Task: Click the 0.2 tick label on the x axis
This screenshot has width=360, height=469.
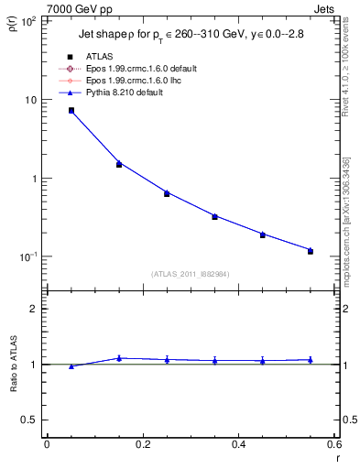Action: point(142,444)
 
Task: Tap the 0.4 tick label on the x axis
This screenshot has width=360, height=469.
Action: point(238,444)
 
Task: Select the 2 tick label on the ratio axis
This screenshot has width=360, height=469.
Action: point(33,309)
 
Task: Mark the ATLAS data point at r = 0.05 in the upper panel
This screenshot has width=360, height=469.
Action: point(71,111)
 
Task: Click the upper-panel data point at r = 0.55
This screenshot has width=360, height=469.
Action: point(311,250)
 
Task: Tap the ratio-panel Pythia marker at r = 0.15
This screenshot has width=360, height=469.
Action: point(119,358)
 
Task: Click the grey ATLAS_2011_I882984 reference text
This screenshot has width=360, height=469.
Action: point(191,274)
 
